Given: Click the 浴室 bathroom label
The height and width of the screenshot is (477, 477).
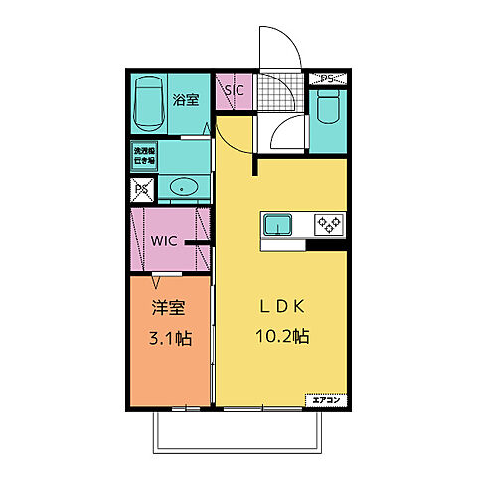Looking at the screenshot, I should pyautogui.click(x=184, y=99).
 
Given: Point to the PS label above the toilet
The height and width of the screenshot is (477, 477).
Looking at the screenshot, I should pyautogui.click(x=327, y=78).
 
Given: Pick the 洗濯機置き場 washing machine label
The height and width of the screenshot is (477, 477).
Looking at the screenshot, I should pyautogui.click(x=145, y=156).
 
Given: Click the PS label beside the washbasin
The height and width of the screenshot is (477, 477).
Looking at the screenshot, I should pyautogui.click(x=141, y=187).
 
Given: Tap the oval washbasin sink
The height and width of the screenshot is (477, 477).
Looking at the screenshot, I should pyautogui.click(x=184, y=187).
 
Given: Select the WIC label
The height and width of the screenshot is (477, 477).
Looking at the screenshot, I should pyautogui.click(x=164, y=239).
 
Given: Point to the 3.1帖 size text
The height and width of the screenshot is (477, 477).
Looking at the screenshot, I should pyautogui.click(x=167, y=337).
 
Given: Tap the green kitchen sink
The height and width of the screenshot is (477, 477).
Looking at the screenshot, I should pyautogui.click(x=278, y=225).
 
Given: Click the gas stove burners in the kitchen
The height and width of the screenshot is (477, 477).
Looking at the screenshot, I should pyautogui.click(x=329, y=224).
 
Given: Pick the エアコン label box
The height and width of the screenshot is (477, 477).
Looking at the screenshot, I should pyautogui.click(x=326, y=400).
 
